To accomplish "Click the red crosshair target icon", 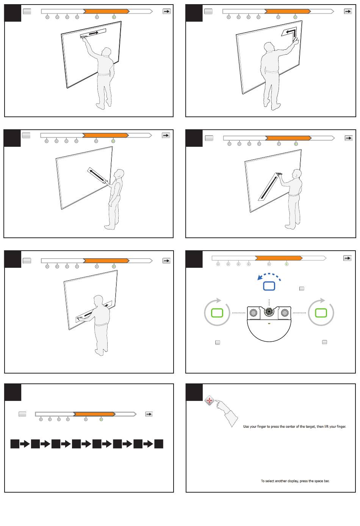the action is [x=209, y=400].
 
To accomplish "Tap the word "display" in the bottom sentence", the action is [x=293, y=481].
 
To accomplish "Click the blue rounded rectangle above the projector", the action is [x=269, y=286].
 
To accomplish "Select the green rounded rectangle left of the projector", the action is [x=217, y=313].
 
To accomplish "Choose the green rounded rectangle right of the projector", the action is [x=321, y=313].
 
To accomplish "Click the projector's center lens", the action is [x=269, y=311].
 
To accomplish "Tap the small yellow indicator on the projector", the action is [x=269, y=323].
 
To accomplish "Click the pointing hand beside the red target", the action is [x=226, y=412].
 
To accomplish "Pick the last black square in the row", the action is [x=159, y=444].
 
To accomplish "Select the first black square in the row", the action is [x=15, y=444].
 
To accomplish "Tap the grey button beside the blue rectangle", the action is [x=302, y=289].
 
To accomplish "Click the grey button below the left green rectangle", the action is [x=218, y=342].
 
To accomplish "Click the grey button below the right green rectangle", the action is [x=324, y=342].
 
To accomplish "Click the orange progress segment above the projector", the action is [x=279, y=258].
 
